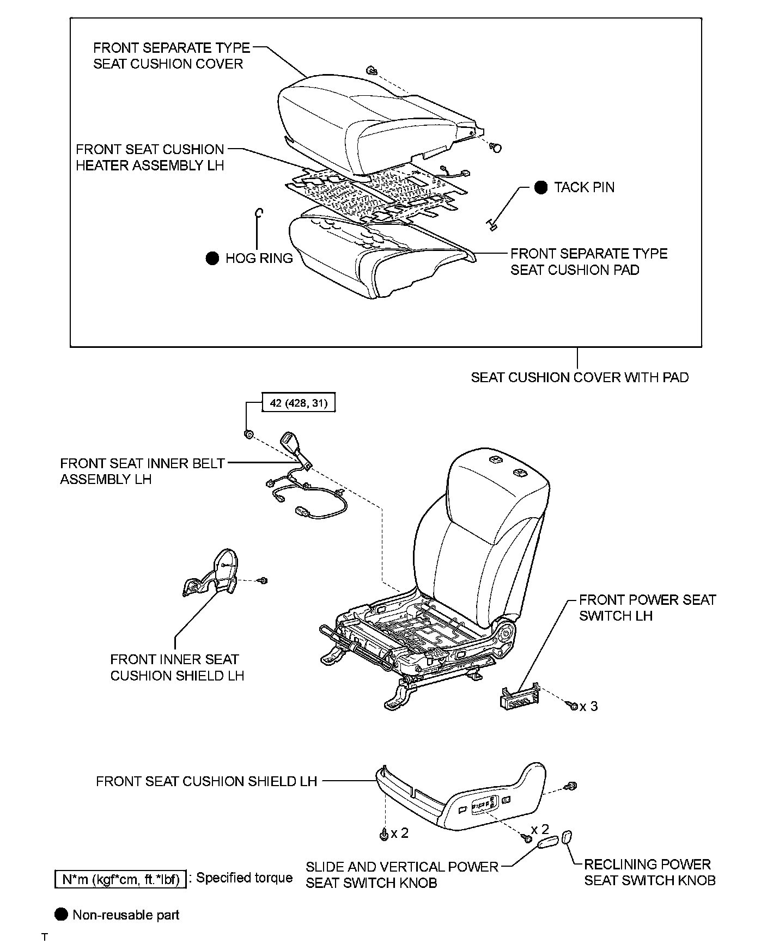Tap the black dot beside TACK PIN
[541, 187]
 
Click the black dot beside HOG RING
[212, 258]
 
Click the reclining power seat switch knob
[567, 836]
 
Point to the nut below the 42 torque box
[248, 434]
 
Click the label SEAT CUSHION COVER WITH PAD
[580, 377]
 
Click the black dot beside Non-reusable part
[62, 915]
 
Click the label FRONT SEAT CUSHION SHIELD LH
[206, 781]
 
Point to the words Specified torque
[244, 878]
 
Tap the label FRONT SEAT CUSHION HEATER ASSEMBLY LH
[150, 157]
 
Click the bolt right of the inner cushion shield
[263, 580]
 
